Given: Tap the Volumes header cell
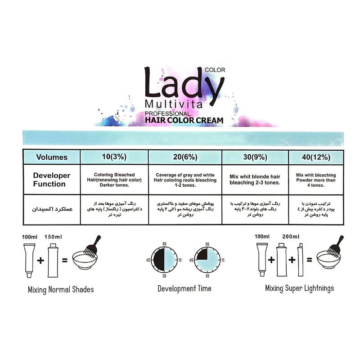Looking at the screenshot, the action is pyautogui.click(x=52, y=157).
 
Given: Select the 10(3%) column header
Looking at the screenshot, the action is pyautogui.click(x=114, y=157).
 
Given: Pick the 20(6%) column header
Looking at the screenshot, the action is pyautogui.click(x=185, y=157).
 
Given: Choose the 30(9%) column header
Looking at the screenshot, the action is pyautogui.click(x=255, y=157).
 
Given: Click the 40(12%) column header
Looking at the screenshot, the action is pyautogui.click(x=316, y=157).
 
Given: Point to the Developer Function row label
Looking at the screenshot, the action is pyautogui.click(x=51, y=180).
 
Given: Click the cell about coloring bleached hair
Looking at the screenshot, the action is pyautogui.click(x=114, y=180).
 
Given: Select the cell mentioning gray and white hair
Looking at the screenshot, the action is pyautogui.click(x=185, y=180).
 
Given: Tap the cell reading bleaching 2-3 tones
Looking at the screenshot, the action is pyautogui.click(x=255, y=180).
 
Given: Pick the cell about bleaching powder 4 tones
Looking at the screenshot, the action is pyautogui.click(x=316, y=180).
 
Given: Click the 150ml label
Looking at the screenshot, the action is pyautogui.click(x=53, y=237).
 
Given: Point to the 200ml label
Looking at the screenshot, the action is pyautogui.click(x=291, y=237).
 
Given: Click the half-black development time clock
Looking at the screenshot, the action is pyautogui.click(x=164, y=260).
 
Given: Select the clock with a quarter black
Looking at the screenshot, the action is pyautogui.click(x=207, y=260).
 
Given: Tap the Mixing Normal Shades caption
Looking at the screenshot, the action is pyautogui.click(x=61, y=289).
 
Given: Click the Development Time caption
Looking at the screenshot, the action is pyautogui.click(x=184, y=288).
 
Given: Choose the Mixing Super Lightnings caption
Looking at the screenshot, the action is pyautogui.click(x=299, y=288).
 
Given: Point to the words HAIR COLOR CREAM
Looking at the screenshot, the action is pyautogui.click(x=184, y=120).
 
